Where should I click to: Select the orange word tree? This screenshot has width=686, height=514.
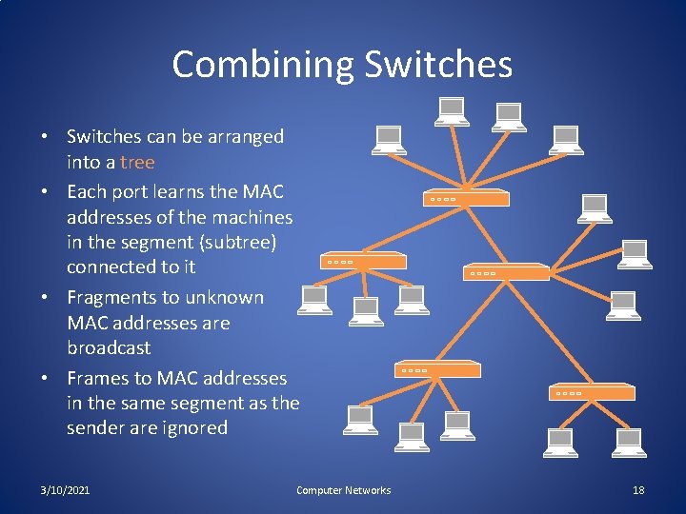coord(137,162)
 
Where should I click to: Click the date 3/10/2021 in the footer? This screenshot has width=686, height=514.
coord(66,490)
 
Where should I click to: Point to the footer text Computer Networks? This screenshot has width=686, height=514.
coord(343,490)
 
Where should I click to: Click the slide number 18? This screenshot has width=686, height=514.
coord(638,490)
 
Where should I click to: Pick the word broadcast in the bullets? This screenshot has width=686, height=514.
coord(109,347)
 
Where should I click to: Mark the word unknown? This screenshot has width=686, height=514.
coord(224,297)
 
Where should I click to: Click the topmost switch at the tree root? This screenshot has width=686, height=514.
coord(467,198)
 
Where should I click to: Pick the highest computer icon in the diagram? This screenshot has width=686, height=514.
coord(450,112)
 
